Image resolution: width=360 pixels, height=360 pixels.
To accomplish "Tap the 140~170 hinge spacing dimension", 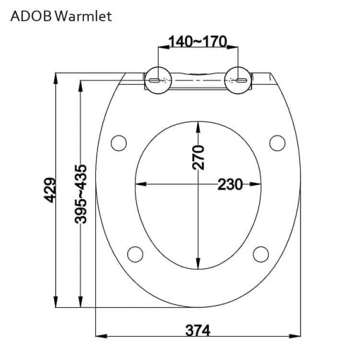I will click(197, 41).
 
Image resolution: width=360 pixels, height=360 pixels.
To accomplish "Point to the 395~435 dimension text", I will click(82, 194).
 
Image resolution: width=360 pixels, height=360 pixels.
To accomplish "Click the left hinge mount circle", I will click(157, 79).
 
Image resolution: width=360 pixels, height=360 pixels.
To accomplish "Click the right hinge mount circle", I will click(238, 79).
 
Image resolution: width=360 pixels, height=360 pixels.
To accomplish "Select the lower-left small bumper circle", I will click(136, 253).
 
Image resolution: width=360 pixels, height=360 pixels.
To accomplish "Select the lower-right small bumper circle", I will click(260, 253).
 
